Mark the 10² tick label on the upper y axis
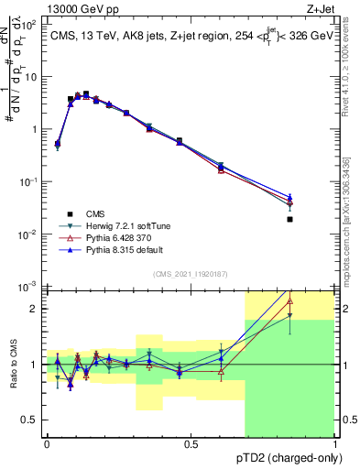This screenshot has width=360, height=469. click(x=30, y=25)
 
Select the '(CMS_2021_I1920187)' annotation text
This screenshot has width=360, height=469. click(x=191, y=273)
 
